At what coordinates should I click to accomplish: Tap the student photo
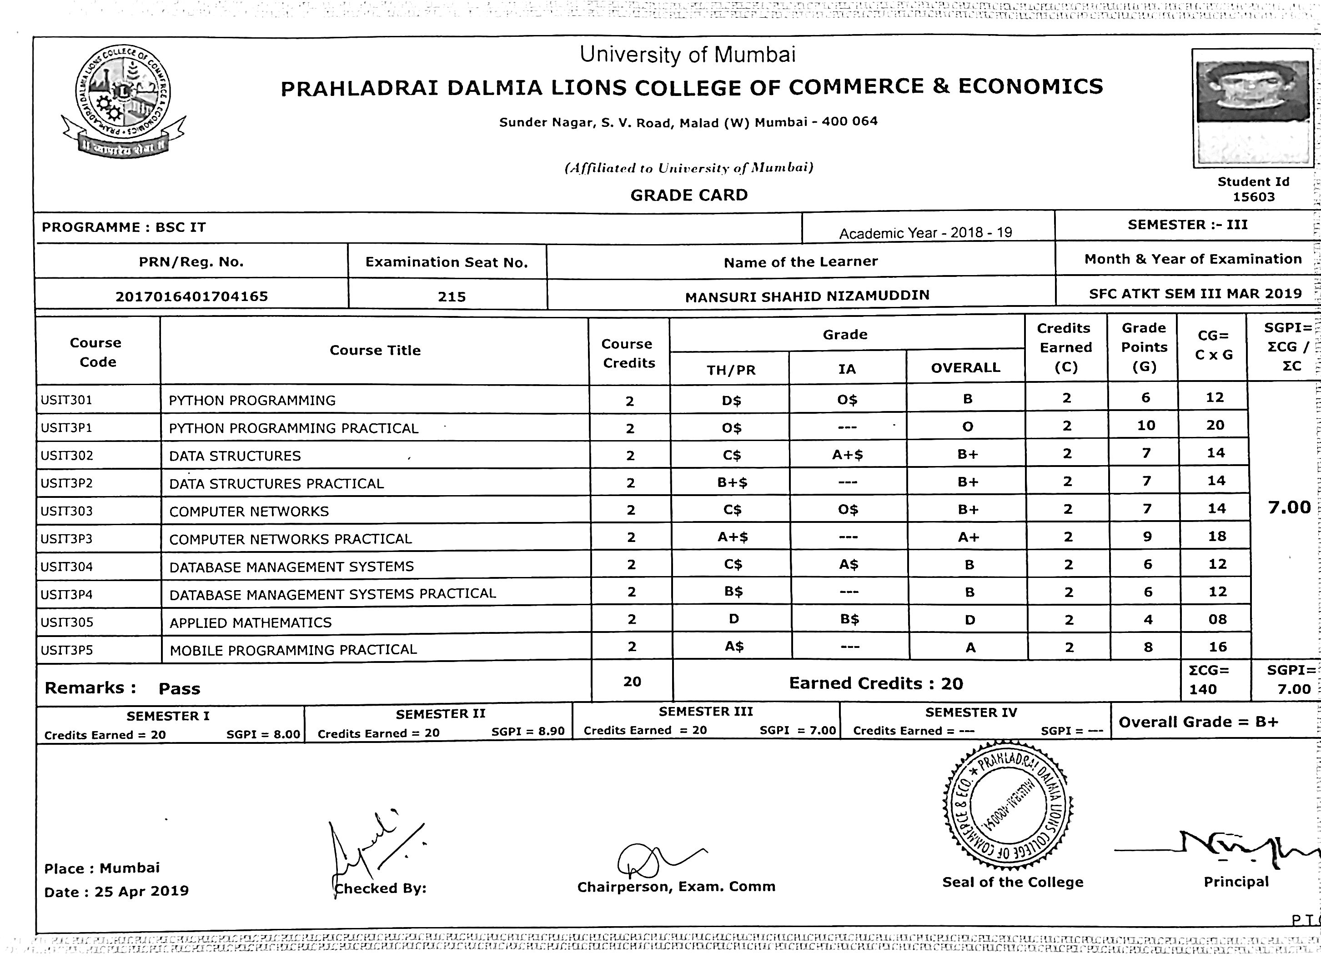coord(1252,108)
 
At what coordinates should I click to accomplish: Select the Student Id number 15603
coord(1253,197)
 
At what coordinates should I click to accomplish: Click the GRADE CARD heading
coord(688,195)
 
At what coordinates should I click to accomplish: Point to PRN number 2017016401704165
coord(191,296)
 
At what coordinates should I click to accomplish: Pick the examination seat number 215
coord(452,297)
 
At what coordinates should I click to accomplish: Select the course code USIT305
coord(67,622)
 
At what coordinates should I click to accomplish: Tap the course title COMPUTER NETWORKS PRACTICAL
coord(290,539)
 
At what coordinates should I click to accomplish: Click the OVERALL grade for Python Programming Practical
coord(968,427)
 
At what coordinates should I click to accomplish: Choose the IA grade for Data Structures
coord(848,455)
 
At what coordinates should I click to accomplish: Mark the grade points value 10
coord(1145,426)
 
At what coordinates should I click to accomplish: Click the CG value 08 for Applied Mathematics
coord(1217,620)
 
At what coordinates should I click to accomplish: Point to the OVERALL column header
coord(965,368)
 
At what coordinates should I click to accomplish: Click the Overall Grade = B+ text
coord(1198,722)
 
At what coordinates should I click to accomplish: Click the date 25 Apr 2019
coord(141,892)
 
